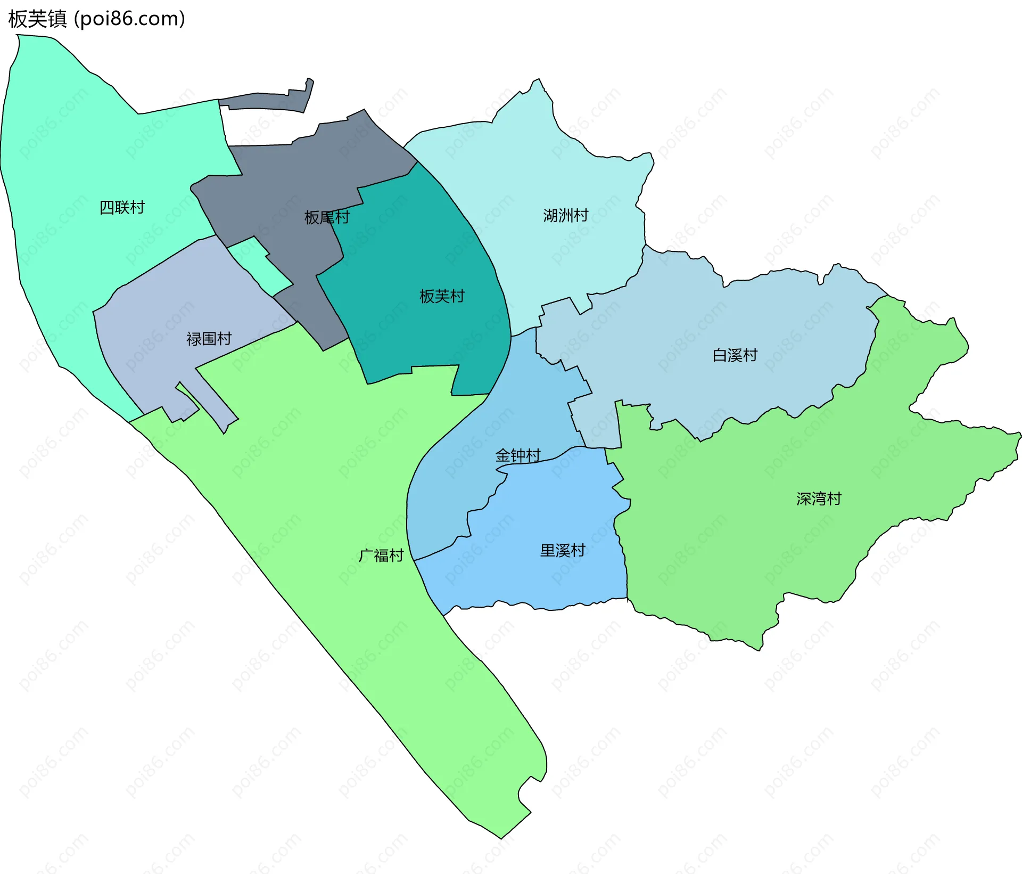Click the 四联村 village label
122,207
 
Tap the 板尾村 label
327,217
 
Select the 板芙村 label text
442,296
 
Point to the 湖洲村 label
565,215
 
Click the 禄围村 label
209,339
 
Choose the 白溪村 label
735,355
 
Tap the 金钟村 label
518,455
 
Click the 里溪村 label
563,550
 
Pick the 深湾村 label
819,499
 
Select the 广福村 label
381,556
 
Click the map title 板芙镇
37,19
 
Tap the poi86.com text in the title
129,19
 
